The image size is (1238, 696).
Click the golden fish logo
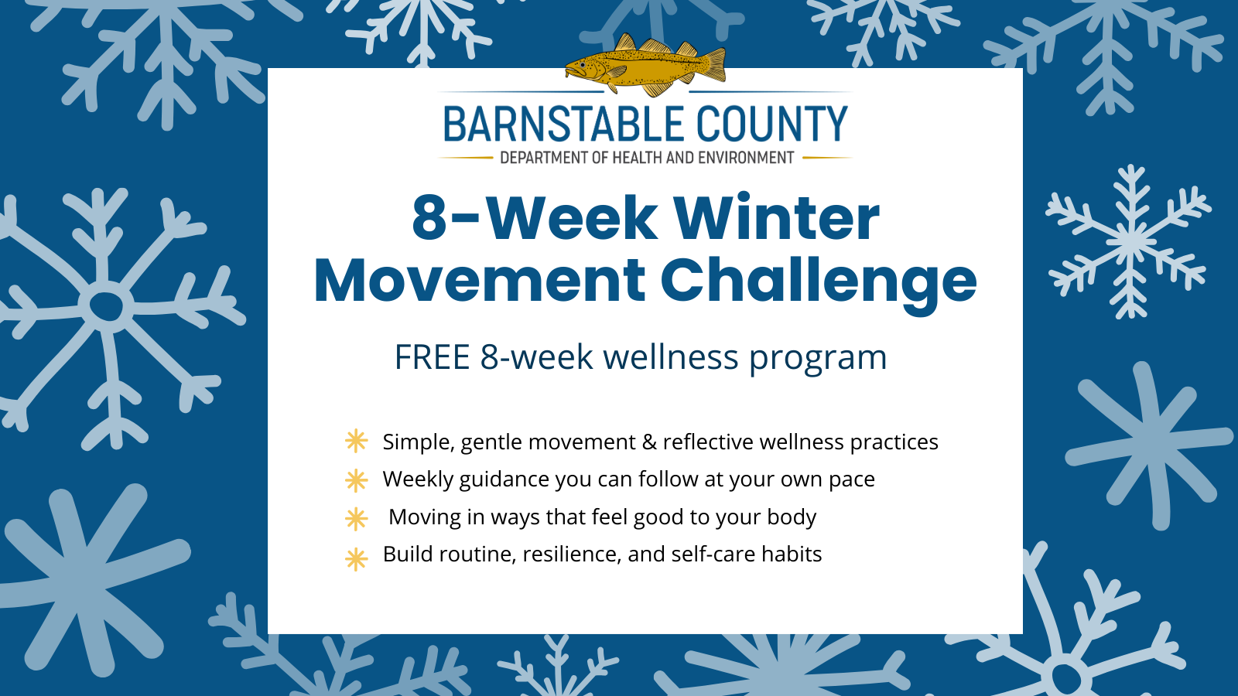[x=645, y=65]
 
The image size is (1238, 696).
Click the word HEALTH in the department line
[x=638, y=158]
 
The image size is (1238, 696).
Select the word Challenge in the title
[x=819, y=283]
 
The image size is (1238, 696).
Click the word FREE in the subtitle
[x=432, y=357]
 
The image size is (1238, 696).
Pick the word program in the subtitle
[x=818, y=360]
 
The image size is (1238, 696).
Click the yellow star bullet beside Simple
[x=356, y=441]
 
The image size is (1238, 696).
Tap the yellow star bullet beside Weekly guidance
[x=356, y=480]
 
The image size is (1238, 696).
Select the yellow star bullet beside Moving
[x=356, y=519]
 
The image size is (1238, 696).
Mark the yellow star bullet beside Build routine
[x=356, y=559]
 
